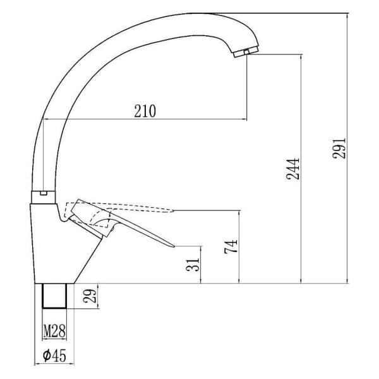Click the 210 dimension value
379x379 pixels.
pos(145,111)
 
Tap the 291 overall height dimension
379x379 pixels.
pos(339,148)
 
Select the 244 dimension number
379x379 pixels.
pos(292,169)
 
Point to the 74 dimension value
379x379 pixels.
pos(231,246)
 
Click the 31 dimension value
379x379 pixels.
pos(193,265)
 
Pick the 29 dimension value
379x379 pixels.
pos(90,296)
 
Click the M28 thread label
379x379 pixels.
pos(54,331)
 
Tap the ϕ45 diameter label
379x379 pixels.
pos(54,355)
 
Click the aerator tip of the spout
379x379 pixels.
pos(246,52)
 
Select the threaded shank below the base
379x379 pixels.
pos(54,296)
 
